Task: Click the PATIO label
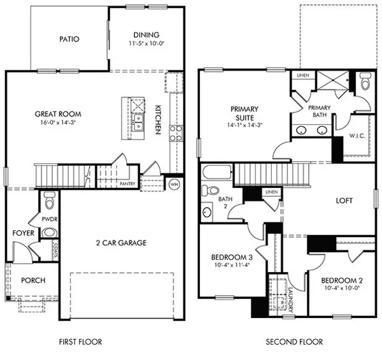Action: point(70,39)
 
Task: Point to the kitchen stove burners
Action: point(175,133)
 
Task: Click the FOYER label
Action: point(23,233)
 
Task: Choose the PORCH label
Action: point(31,280)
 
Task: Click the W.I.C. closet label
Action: point(357,136)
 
